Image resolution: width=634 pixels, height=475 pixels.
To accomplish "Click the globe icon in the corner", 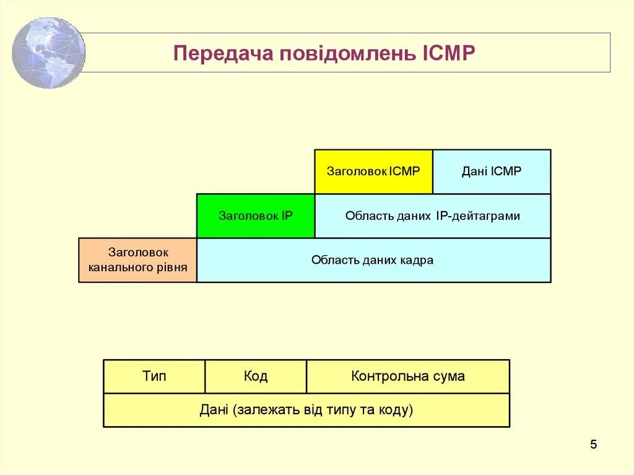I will [48, 53].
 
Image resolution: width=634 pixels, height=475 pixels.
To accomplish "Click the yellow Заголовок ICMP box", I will [373, 172].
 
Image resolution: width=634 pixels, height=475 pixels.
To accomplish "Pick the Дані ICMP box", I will [492, 172].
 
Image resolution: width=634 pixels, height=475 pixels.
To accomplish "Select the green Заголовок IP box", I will [256, 216].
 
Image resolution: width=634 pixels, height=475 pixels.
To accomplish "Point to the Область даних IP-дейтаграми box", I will [433, 216].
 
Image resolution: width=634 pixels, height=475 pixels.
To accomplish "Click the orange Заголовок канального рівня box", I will [137, 260].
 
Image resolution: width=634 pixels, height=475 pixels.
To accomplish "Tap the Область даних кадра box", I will [373, 260].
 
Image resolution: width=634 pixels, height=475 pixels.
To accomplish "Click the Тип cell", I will [154, 376].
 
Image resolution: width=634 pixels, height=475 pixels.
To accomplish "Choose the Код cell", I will [255, 376].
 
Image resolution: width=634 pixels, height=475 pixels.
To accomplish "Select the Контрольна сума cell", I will [407, 376].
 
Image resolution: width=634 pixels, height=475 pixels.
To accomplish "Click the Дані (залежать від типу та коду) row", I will [306, 410].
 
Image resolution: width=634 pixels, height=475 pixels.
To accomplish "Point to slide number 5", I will [593, 445].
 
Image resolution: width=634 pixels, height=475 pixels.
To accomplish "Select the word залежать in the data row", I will [263, 410].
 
